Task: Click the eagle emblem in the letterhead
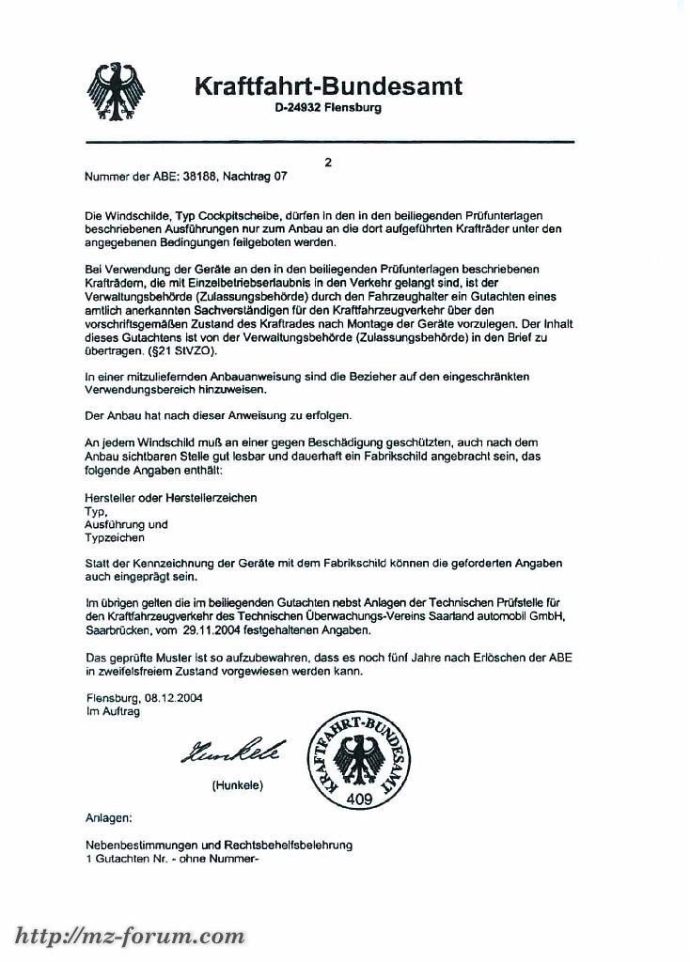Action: [116, 91]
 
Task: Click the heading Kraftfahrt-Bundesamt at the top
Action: [328, 86]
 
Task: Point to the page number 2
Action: [328, 163]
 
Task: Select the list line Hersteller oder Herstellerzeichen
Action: [171, 497]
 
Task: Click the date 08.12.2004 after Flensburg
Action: [173, 698]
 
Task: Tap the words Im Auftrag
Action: [113, 712]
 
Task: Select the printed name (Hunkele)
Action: [237, 784]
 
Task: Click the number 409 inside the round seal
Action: [358, 800]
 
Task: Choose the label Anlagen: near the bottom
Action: [108, 818]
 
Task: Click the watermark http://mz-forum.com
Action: [129, 936]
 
